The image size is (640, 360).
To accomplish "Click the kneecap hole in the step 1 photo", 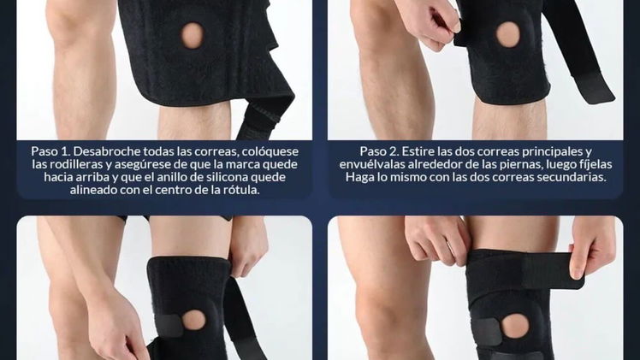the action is tap(193, 36).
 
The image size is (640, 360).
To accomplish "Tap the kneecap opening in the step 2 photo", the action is tap(508, 35).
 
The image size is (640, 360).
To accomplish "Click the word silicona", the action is tap(227, 177).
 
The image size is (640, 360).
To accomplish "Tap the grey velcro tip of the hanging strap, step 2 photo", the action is tap(593, 88).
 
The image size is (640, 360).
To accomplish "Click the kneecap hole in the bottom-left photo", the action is tap(193, 320).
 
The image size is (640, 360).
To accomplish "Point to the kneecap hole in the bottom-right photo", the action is tap(515, 326).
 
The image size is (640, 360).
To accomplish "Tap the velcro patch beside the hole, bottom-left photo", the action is tap(169, 326).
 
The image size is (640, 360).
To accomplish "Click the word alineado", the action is tap(93, 190).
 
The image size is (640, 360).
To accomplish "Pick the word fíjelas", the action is tap(596, 164).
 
